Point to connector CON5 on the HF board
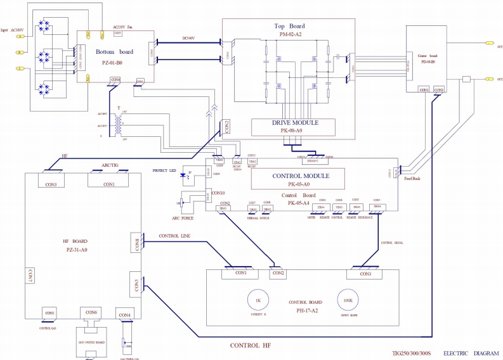pos(134,286)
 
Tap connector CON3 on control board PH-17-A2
pos(365,274)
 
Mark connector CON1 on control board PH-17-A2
pos(240,274)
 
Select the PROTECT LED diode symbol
pos(185,174)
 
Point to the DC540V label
pos(188,37)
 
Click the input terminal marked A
pos(20,37)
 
